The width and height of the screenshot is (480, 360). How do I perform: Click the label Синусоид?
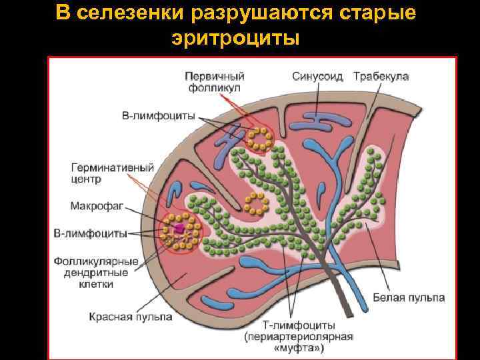317,76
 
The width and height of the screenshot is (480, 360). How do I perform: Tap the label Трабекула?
381,76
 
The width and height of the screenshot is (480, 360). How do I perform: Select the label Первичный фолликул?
214,82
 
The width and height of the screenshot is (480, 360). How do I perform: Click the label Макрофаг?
95,205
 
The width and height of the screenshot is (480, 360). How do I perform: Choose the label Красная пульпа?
131,317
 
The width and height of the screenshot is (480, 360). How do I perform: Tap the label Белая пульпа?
407,297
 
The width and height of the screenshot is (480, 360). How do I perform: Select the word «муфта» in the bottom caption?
299,348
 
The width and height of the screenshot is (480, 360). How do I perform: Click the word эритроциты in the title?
236,38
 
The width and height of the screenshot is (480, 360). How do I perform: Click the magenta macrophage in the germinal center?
179,229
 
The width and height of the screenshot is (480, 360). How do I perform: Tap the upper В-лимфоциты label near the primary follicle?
159,115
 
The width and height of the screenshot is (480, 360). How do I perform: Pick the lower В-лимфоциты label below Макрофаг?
90,234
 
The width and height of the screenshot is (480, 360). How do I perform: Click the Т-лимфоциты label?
299,324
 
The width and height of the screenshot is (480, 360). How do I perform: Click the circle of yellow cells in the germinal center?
178,231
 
